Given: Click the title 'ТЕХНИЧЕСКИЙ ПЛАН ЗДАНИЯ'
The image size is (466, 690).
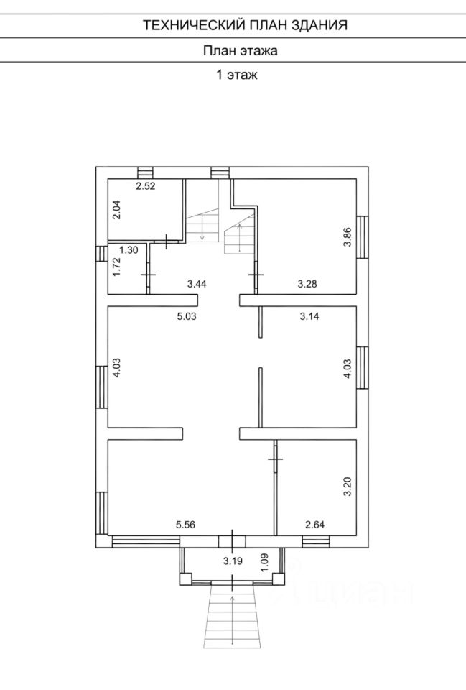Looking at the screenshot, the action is (x=245, y=25).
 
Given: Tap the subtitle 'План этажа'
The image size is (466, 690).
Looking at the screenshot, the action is (x=240, y=50).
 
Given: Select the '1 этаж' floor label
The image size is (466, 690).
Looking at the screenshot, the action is (x=237, y=74).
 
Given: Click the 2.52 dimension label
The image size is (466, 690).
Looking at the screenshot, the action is (x=146, y=185).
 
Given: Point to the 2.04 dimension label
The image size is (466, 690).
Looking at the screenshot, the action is (x=116, y=209).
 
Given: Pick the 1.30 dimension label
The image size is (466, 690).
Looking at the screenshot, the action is (x=129, y=250).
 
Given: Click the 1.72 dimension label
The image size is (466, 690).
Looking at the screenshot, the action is (x=116, y=268).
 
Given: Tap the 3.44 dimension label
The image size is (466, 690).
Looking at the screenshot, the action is (x=197, y=285).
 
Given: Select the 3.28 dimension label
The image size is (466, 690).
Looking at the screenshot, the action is (x=307, y=285).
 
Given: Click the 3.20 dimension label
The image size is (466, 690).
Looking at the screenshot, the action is (x=348, y=487).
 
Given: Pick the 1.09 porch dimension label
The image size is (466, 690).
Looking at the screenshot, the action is (x=264, y=561).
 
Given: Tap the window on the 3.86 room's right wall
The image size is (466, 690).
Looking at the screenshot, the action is (x=363, y=238).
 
